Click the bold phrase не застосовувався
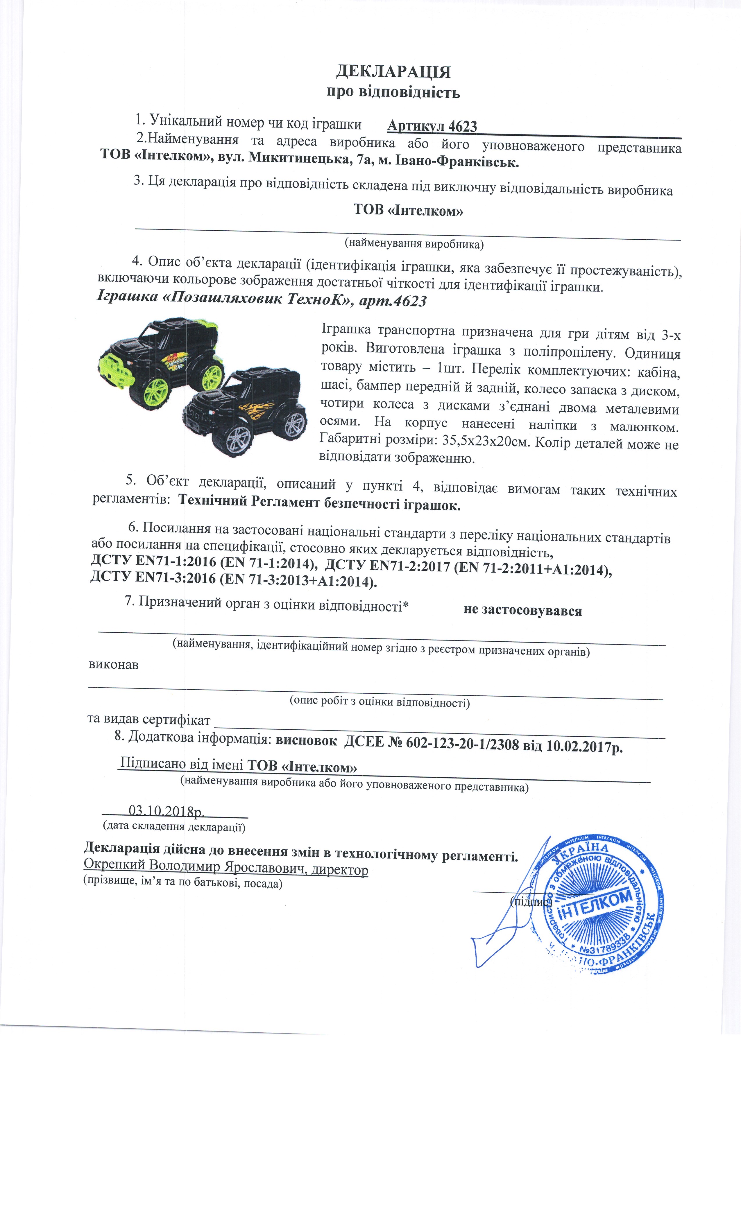(x=522, y=611)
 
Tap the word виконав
(x=113, y=665)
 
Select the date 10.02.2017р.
(x=584, y=746)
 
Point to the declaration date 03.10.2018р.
(x=167, y=810)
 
